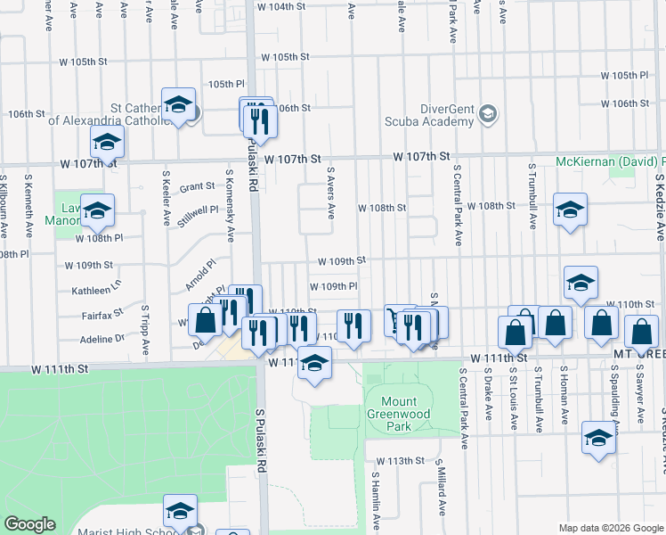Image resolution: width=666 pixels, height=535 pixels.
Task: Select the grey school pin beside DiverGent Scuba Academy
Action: point(487,114)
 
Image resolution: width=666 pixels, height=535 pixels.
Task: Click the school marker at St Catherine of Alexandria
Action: point(178,107)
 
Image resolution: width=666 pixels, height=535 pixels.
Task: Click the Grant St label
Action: point(197,187)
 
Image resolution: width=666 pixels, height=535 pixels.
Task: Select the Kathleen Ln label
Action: point(95,290)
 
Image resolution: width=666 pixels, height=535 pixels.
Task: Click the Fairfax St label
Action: point(101,315)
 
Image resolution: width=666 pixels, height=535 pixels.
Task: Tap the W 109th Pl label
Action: point(333,286)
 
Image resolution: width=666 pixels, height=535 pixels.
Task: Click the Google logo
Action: point(30,524)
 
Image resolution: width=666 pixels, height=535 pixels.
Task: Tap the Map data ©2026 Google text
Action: point(610,528)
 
